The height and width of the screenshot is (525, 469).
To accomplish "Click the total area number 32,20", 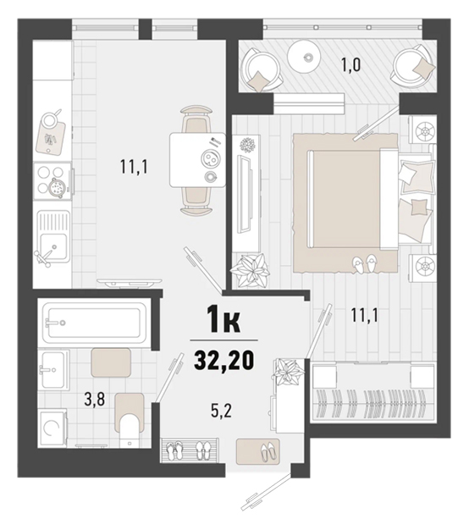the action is point(224,360).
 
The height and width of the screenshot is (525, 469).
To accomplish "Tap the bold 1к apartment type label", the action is point(223,319).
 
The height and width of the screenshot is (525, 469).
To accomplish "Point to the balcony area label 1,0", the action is point(350,65).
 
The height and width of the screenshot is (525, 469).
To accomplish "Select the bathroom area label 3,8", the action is point(95,399).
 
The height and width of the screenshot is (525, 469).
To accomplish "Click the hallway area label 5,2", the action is point(221,411).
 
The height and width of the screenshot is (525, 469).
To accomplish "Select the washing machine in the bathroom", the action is point(52,428).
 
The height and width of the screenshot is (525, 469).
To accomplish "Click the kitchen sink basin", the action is point(53,246).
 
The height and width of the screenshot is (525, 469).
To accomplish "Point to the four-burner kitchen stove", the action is point(52,181).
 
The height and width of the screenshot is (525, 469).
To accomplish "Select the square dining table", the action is point(197,160).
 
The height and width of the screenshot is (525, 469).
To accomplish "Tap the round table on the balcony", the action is point(304,57).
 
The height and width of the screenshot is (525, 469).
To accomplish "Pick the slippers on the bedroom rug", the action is point(365,263).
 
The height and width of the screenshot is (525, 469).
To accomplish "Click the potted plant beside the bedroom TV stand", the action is point(251,270).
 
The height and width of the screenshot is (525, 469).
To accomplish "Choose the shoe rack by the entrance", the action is point(190,450).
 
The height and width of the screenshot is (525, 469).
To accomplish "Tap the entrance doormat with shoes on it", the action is point(257,451).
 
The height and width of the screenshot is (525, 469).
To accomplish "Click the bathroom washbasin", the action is point(53,370).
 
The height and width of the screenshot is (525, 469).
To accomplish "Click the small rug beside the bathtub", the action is point(111,362).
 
